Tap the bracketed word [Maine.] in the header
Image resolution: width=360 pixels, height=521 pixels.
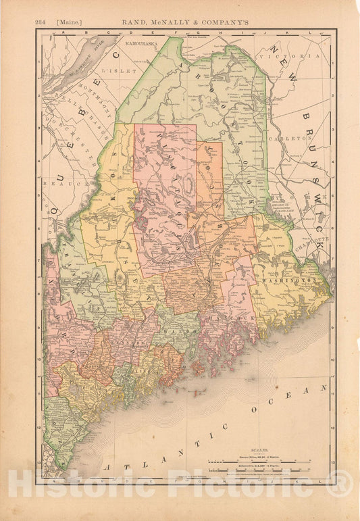pos(68,22)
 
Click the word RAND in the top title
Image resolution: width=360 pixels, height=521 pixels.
pos(136,22)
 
